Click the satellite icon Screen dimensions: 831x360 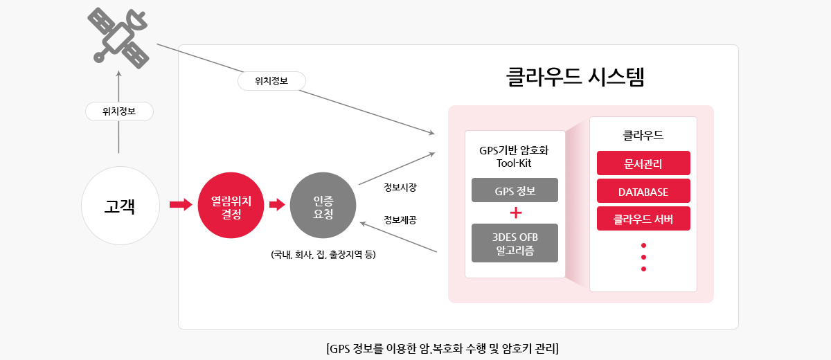118,38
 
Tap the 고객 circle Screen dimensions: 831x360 120,206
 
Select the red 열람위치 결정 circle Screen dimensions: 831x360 231,205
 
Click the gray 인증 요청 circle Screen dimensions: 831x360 323,205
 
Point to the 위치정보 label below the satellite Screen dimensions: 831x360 119,111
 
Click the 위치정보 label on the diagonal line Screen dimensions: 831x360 271,81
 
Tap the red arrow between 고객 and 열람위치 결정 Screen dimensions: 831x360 181,204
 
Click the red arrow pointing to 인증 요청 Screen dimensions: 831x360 277,204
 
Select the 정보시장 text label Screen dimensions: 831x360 400,187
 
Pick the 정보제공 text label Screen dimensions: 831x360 400,220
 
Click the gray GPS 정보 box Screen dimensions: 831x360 515,190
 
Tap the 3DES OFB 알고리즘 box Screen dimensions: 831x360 515,243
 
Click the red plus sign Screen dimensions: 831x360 516,213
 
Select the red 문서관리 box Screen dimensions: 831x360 643,163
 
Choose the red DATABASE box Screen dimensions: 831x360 643,191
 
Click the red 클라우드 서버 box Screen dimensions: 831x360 643,218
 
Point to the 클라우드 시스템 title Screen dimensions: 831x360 575,77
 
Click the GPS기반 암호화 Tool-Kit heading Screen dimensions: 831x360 514,156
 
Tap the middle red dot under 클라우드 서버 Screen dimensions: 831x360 643,257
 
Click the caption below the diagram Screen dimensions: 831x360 443,348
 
